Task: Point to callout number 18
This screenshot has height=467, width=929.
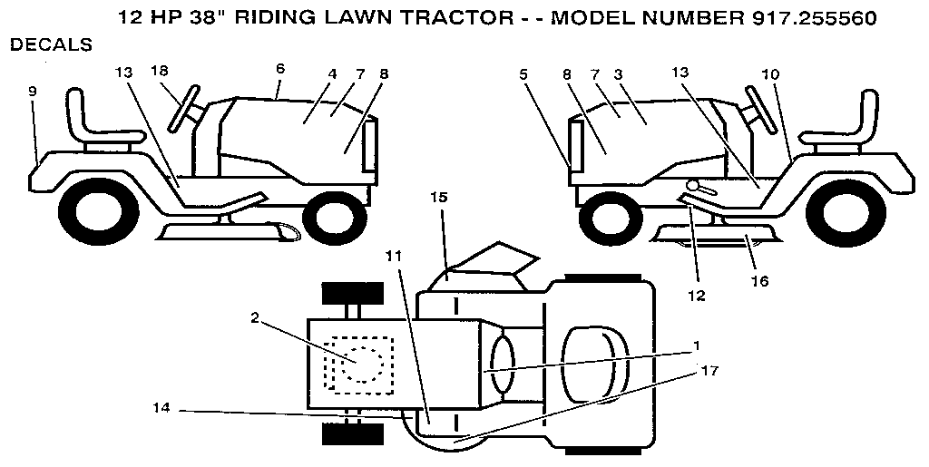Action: click(160, 71)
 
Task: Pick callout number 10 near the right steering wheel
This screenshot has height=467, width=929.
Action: click(770, 74)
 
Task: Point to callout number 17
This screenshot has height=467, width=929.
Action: click(709, 370)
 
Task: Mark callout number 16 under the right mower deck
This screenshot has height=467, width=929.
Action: click(759, 281)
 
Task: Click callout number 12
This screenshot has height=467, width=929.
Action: click(697, 295)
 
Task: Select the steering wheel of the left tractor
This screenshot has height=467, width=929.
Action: click(184, 107)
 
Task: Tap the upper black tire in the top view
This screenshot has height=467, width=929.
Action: click(348, 294)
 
